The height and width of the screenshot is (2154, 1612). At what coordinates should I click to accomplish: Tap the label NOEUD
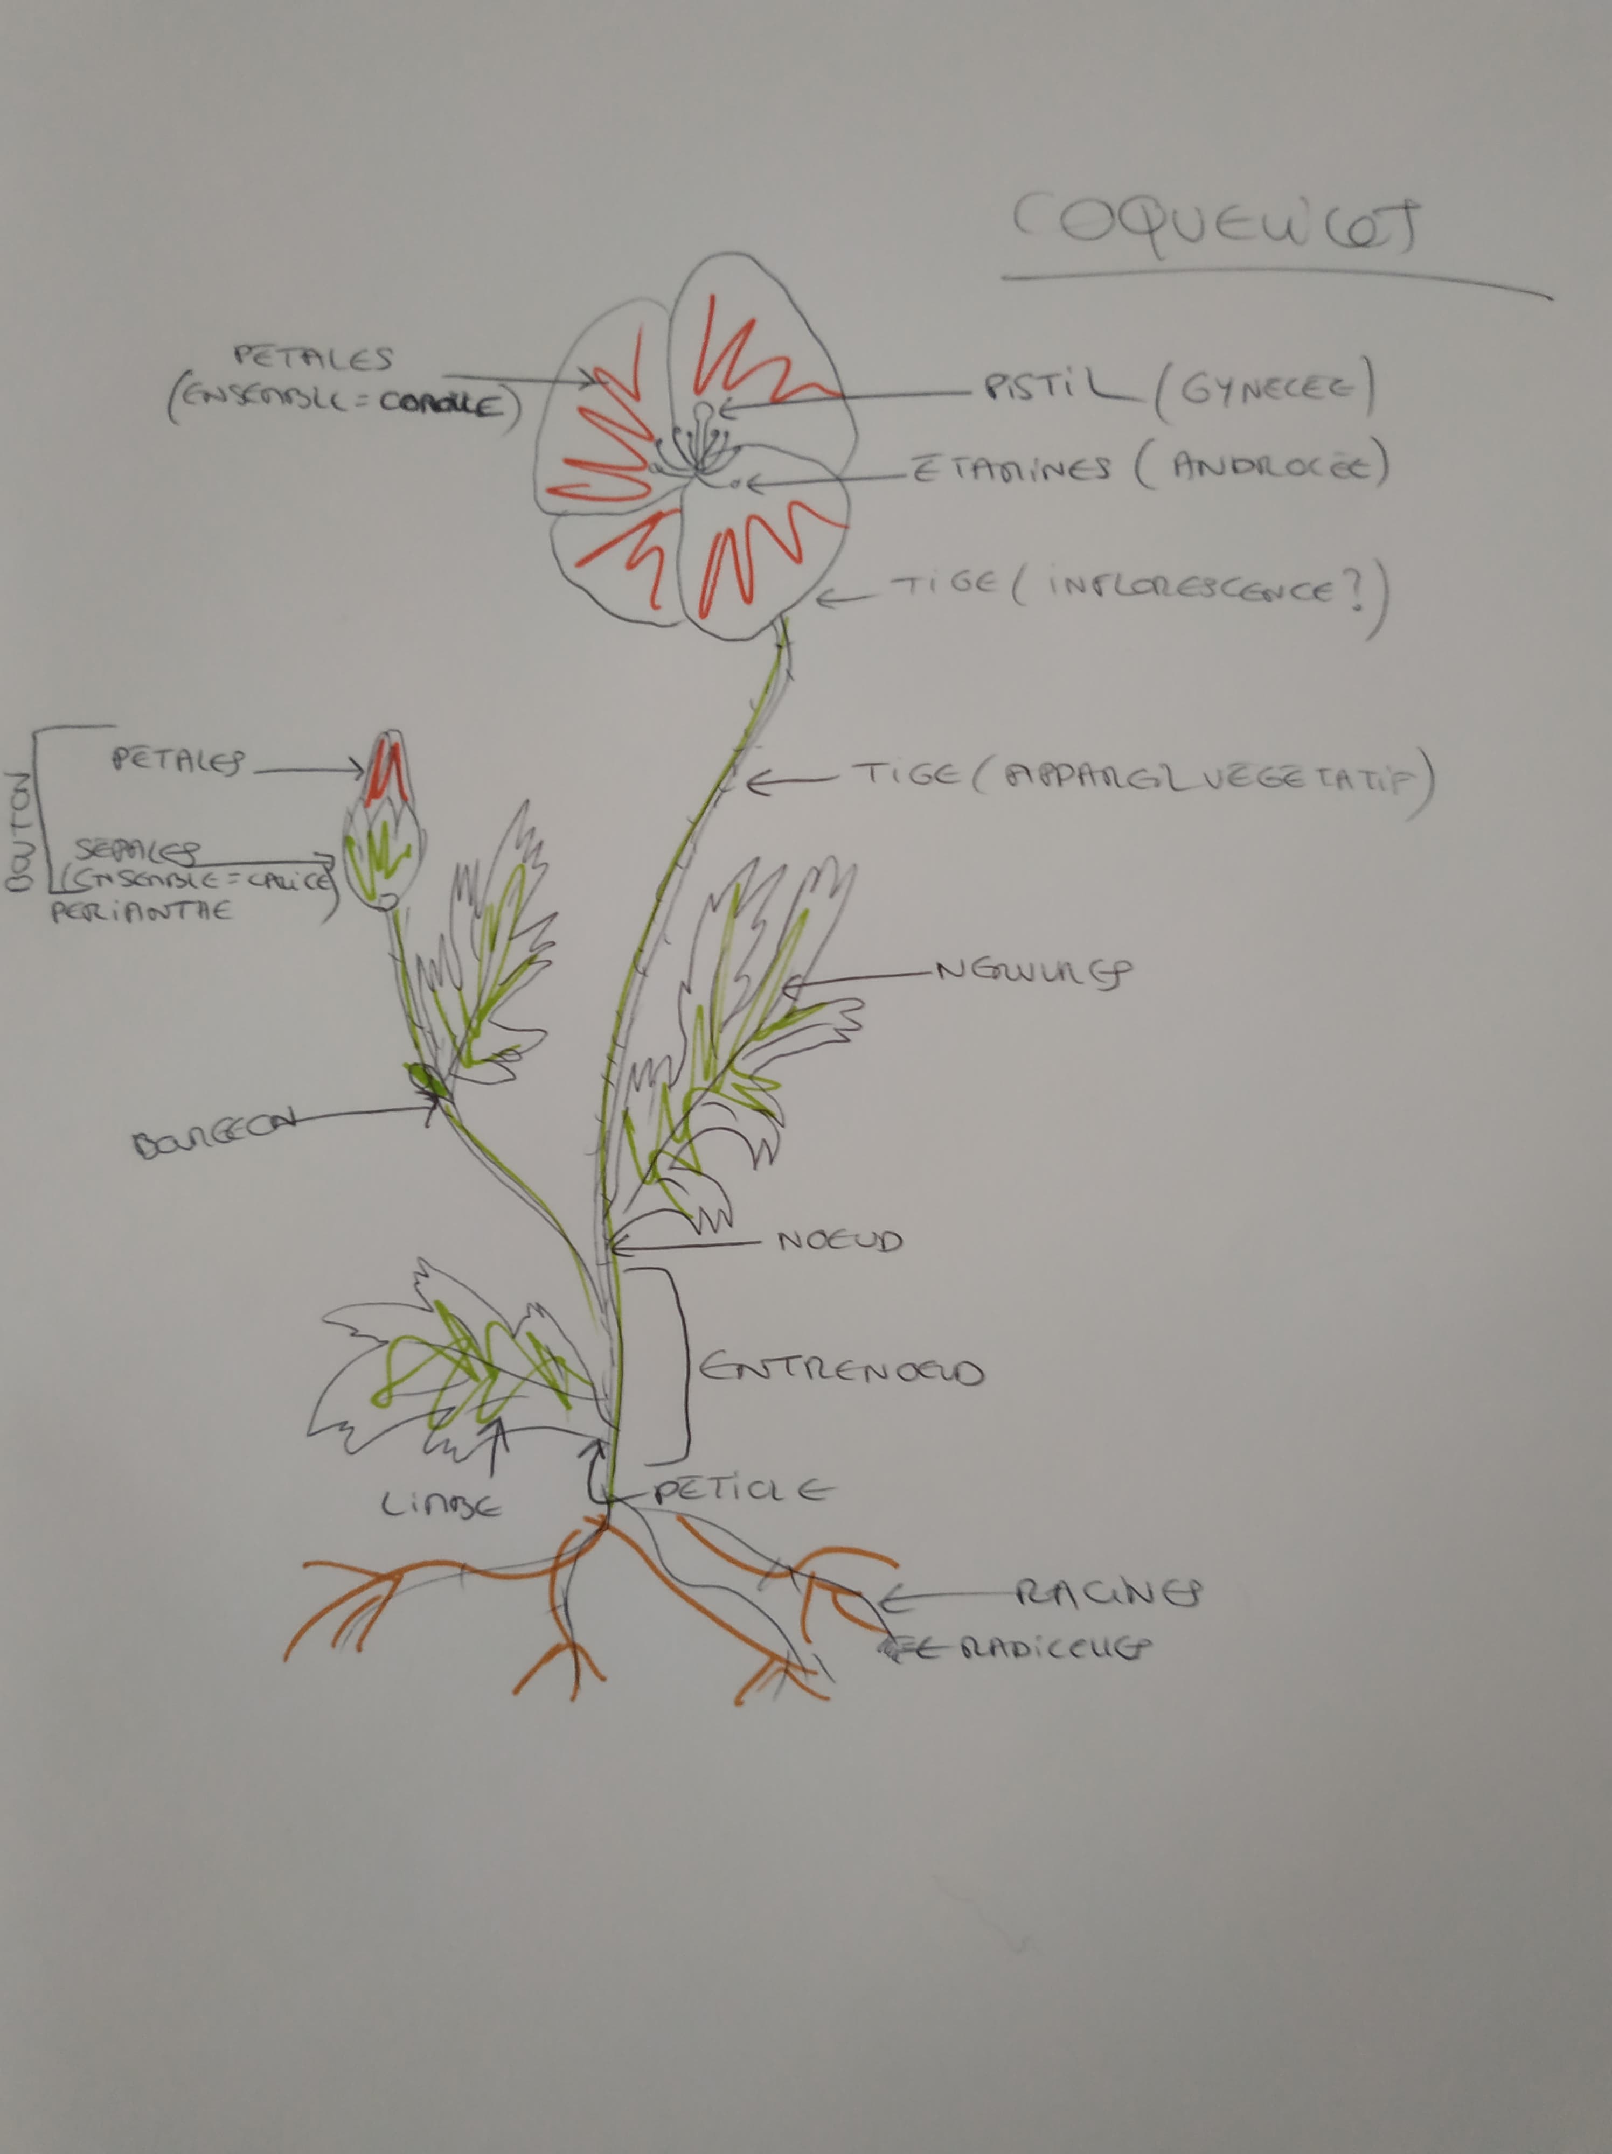pos(839,1242)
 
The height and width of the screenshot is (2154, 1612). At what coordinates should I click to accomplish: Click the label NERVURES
pos(1032,972)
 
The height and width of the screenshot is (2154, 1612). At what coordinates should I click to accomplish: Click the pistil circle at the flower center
pos(702,410)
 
